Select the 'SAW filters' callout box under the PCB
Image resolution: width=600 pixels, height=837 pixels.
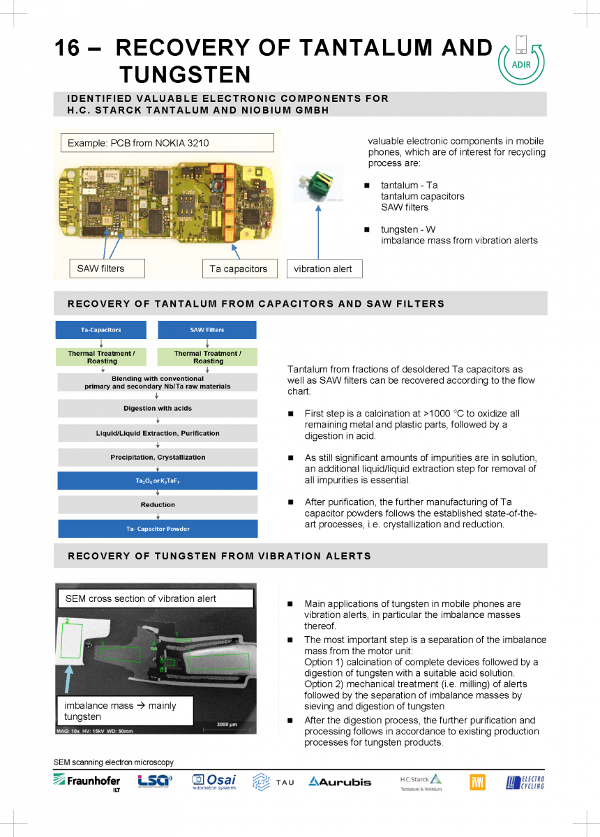pos(107,269)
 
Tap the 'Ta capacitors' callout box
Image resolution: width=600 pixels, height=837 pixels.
pos(239,269)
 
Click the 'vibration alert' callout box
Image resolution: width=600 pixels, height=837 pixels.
pos(324,269)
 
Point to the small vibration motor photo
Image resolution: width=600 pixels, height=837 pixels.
pos(318,183)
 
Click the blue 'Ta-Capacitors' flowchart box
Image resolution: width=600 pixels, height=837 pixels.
pos(101,330)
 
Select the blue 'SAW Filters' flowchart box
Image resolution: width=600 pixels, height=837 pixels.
pos(207,330)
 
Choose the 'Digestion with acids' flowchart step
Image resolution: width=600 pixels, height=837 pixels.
pos(158,409)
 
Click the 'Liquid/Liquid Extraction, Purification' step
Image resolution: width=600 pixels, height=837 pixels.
pos(158,434)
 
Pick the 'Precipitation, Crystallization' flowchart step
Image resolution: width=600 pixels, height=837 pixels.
pos(158,458)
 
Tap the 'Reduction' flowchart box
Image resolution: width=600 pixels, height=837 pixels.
pos(158,504)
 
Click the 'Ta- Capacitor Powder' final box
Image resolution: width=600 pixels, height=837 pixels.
pos(158,529)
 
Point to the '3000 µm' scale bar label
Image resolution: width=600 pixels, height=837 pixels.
pos(227,725)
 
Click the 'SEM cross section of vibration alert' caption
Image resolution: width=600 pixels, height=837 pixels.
pos(155,598)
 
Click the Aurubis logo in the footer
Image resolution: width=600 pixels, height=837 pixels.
pos(340,782)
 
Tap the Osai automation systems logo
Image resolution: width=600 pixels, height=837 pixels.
pos(214,782)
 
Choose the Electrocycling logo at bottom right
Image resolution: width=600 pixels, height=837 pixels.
pos(525,783)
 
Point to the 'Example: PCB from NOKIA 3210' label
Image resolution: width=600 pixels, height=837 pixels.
pos(167,143)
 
